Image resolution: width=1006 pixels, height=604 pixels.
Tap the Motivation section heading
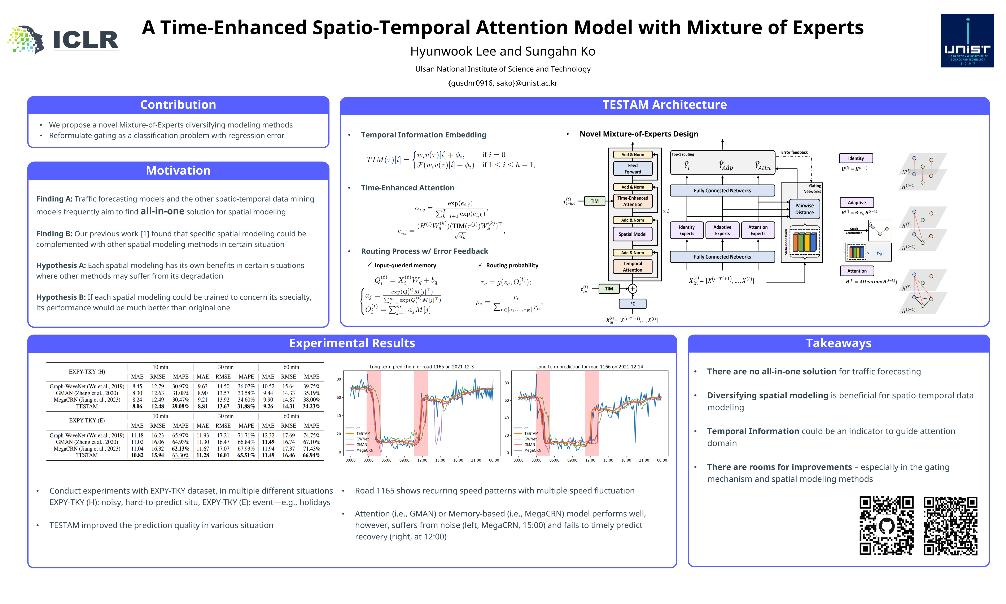click(178, 171)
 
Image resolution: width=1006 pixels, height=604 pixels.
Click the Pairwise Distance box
click(804, 209)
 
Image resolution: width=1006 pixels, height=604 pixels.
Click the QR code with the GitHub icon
click(887, 525)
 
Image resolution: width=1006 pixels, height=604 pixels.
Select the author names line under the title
click(503, 51)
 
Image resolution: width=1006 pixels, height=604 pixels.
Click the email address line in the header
click(503, 83)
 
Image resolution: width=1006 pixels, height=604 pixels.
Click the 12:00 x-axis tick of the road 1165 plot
click(422, 460)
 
